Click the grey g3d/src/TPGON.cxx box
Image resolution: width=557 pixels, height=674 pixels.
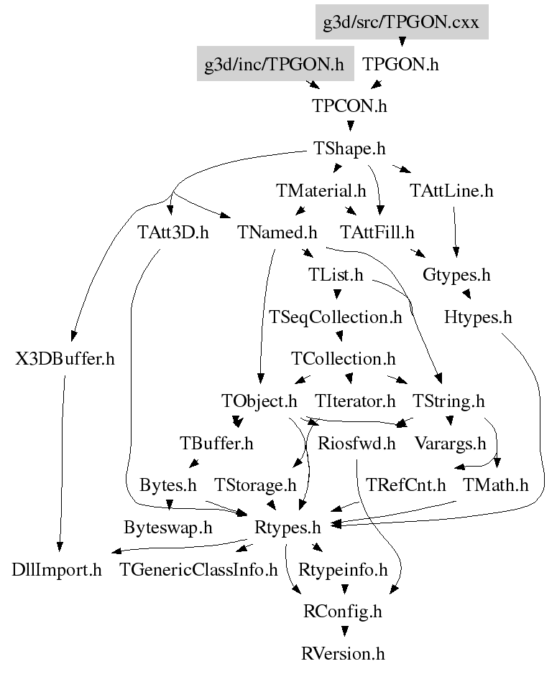tap(402, 22)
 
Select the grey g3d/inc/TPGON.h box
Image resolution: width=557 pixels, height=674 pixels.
tap(274, 64)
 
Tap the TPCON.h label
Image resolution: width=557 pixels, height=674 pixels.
tap(349, 106)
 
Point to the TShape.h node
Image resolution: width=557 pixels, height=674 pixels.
tap(350, 149)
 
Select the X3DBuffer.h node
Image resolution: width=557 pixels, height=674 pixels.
tap(65, 359)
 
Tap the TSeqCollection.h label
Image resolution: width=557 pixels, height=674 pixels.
tap(335, 317)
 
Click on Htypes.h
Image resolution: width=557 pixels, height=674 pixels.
tap(478, 317)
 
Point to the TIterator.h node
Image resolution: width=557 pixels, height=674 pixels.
tap(355, 401)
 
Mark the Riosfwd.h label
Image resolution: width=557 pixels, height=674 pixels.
tap(356, 443)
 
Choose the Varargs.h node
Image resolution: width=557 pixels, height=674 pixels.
tap(451, 443)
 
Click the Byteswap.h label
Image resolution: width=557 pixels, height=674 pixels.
tap(168, 528)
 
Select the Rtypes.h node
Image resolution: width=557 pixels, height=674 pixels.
tap(287, 528)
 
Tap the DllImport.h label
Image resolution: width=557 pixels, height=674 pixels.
tap(57, 570)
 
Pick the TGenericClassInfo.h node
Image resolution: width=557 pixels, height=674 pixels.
tap(199, 570)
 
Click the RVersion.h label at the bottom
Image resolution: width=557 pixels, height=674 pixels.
tap(344, 654)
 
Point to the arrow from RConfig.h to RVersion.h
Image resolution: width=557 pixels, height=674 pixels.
tap(344, 631)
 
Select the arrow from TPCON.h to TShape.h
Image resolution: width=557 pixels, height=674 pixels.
tap(350, 126)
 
